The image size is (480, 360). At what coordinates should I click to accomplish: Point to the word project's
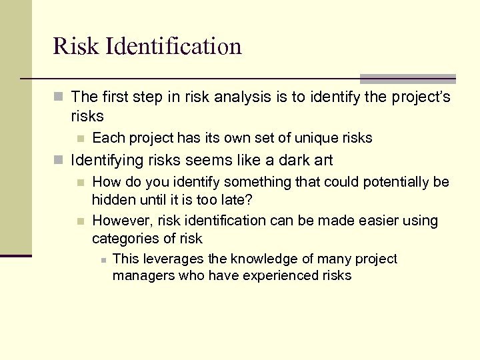click(x=418, y=98)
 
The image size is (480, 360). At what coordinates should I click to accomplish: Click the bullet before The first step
click(x=59, y=98)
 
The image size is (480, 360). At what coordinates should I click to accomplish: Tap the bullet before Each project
click(x=81, y=139)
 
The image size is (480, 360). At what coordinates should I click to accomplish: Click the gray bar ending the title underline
click(x=408, y=79)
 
